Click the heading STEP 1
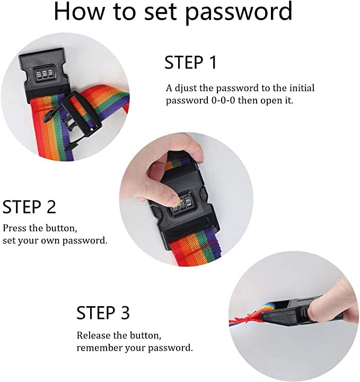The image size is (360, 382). pos(190,63)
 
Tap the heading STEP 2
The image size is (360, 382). pos(29,207)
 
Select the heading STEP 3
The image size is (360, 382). pos(103,312)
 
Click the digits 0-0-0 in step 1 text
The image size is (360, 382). pos(223,100)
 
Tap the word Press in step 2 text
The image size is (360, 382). pos(14,228)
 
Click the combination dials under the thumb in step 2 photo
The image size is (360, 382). pos(182,203)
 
